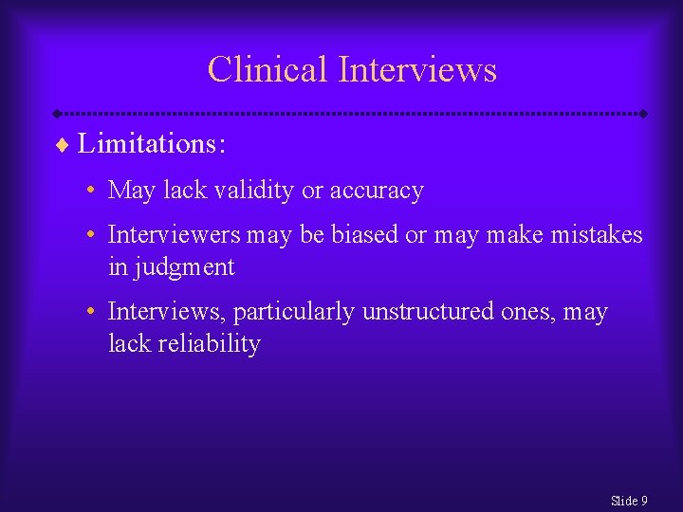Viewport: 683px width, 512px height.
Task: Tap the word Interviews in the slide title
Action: (417, 70)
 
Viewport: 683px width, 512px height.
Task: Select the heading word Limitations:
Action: (152, 144)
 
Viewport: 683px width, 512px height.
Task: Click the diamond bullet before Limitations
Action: (64, 145)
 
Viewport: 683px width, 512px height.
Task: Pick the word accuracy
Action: (377, 191)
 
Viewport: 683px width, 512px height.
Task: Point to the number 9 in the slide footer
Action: (644, 501)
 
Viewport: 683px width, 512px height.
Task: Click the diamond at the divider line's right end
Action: (643, 114)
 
